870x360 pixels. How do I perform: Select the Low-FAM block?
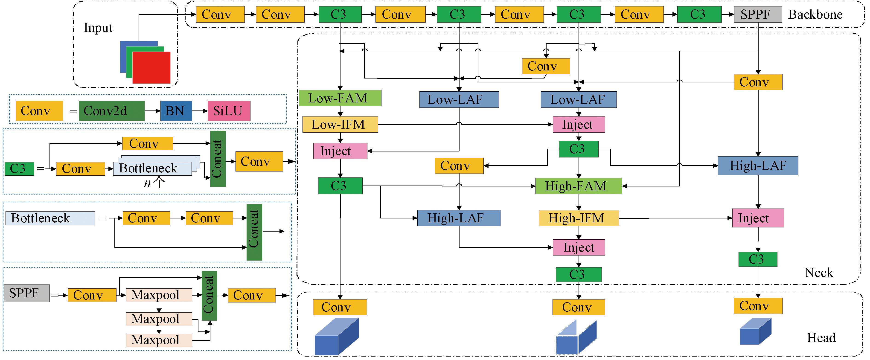click(340, 98)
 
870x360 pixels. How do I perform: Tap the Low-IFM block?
click(340, 124)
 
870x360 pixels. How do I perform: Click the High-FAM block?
click(578, 186)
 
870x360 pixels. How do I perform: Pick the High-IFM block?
click(578, 218)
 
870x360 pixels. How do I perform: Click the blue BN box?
click(176, 111)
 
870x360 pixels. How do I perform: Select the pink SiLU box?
click(229, 111)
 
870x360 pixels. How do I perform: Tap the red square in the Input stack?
click(151, 67)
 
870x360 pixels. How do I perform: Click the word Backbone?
click(815, 15)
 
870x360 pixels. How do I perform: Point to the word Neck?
click(819, 273)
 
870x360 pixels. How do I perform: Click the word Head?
click(821, 338)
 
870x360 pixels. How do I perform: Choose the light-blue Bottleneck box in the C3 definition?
click(152, 168)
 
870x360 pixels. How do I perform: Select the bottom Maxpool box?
click(159, 340)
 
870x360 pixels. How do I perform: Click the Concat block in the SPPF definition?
click(209, 296)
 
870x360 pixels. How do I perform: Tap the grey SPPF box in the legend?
click(27, 293)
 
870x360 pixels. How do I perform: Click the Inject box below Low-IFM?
click(340, 151)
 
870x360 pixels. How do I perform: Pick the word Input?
click(98, 28)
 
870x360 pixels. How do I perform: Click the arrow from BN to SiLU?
click(200, 111)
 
